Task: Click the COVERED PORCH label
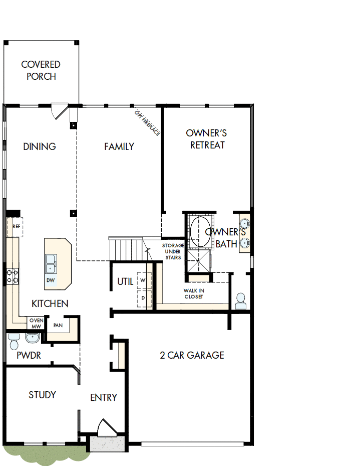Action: tap(41, 71)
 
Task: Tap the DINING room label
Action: tap(39, 146)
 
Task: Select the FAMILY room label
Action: tap(119, 146)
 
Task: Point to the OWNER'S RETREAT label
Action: tap(206, 139)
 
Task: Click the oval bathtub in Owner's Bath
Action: tap(200, 232)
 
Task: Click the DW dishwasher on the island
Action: tap(51, 280)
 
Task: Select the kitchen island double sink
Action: tap(51, 262)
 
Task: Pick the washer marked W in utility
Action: tap(143, 280)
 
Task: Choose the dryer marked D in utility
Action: tap(143, 298)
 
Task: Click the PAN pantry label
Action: tap(58, 325)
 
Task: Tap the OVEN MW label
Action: tap(36, 324)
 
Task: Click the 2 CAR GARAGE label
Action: tap(192, 355)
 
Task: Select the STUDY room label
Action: tap(42, 395)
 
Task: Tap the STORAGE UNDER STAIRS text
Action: tap(173, 251)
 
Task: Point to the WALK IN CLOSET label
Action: tap(193, 293)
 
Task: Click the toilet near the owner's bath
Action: tap(240, 301)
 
